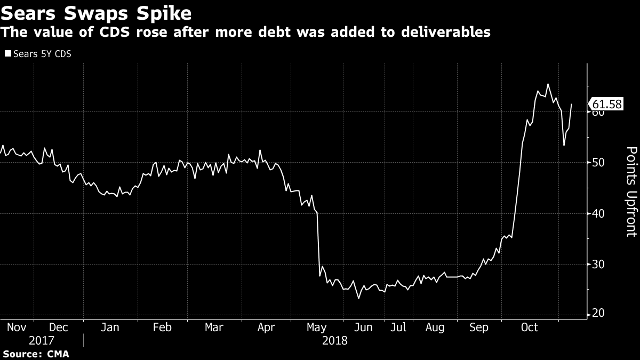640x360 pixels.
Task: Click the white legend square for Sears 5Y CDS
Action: [7, 53]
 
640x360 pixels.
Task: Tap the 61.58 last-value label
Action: [607, 104]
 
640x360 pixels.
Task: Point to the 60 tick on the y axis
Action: [597, 113]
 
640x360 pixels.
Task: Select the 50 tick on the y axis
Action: [597, 163]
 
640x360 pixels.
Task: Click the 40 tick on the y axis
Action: [597, 213]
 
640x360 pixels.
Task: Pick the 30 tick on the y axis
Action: [597, 264]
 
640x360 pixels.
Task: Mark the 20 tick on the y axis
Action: [597, 314]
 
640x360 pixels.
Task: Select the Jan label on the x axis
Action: [109, 327]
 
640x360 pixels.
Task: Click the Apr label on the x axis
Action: [266, 327]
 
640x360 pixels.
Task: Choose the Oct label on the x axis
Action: [530, 327]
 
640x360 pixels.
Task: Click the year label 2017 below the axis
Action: [42, 340]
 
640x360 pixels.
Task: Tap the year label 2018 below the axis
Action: [335, 340]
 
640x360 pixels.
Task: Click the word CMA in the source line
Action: [58, 354]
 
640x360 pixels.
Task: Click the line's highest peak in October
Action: [548, 84]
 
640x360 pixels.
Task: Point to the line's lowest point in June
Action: [358, 298]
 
